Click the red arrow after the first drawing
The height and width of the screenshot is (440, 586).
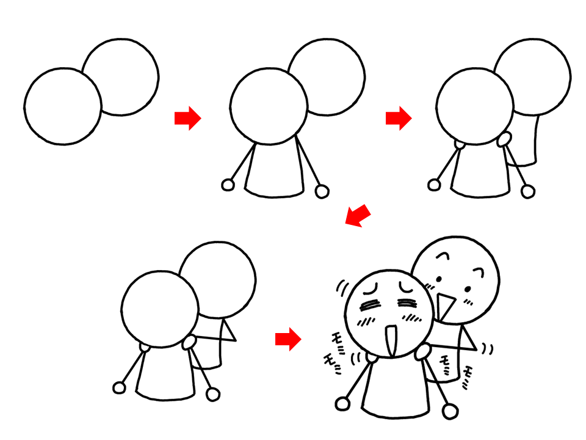(188, 118)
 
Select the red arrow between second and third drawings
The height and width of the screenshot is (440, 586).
(399, 118)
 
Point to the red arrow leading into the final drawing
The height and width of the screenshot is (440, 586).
(288, 339)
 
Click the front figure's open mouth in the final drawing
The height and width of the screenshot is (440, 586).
(391, 340)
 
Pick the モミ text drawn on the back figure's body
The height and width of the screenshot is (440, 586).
(446, 364)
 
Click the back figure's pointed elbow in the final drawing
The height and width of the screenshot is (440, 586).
(477, 349)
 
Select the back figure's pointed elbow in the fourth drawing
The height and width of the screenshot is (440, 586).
(235, 340)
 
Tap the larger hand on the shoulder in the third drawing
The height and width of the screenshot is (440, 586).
(504, 139)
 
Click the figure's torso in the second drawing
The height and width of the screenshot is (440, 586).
(274, 170)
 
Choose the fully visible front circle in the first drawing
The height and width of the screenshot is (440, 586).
(63, 106)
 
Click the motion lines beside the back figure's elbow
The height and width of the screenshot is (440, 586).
(487, 349)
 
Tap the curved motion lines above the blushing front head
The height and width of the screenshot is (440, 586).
(342, 288)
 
